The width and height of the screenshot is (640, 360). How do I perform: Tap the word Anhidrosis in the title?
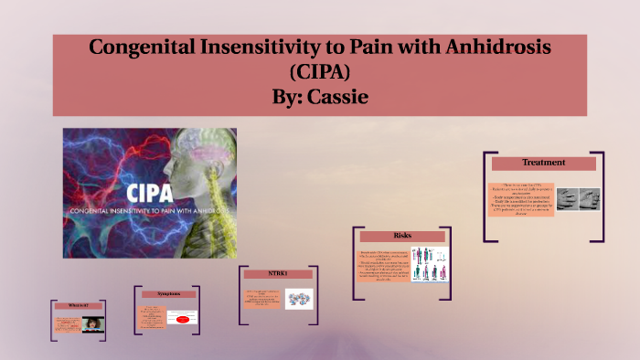point(509,46)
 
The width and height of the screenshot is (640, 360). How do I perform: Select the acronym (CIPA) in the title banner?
point(319,70)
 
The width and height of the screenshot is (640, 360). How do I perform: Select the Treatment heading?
point(543,164)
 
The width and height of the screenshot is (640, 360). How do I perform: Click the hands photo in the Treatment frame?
point(578,199)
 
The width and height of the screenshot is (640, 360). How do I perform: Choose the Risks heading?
point(401,236)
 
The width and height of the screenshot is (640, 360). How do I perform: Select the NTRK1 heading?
point(277,274)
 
